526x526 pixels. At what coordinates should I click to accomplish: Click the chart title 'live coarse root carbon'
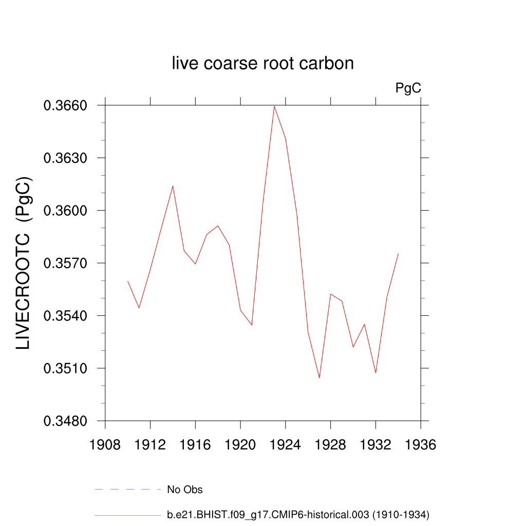click(x=262, y=64)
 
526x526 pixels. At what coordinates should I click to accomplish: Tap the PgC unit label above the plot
click(x=408, y=88)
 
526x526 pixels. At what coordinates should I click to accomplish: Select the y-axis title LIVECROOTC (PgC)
click(x=24, y=263)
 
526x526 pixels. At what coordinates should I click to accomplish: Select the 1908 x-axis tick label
click(x=105, y=445)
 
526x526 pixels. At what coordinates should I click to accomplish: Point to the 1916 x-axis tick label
click(x=195, y=445)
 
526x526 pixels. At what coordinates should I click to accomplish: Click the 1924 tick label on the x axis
click(x=286, y=445)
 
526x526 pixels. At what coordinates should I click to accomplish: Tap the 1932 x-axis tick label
click(x=375, y=445)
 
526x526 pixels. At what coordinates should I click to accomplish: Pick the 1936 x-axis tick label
click(x=421, y=445)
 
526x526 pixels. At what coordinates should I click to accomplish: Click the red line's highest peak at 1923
click(x=274, y=106)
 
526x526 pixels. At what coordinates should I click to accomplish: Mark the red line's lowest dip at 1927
click(x=320, y=378)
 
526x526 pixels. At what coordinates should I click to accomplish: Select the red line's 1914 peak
click(x=173, y=186)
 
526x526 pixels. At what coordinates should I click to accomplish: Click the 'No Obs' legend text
click(x=185, y=490)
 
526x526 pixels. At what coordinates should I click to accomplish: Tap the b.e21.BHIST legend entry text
click(x=298, y=515)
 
